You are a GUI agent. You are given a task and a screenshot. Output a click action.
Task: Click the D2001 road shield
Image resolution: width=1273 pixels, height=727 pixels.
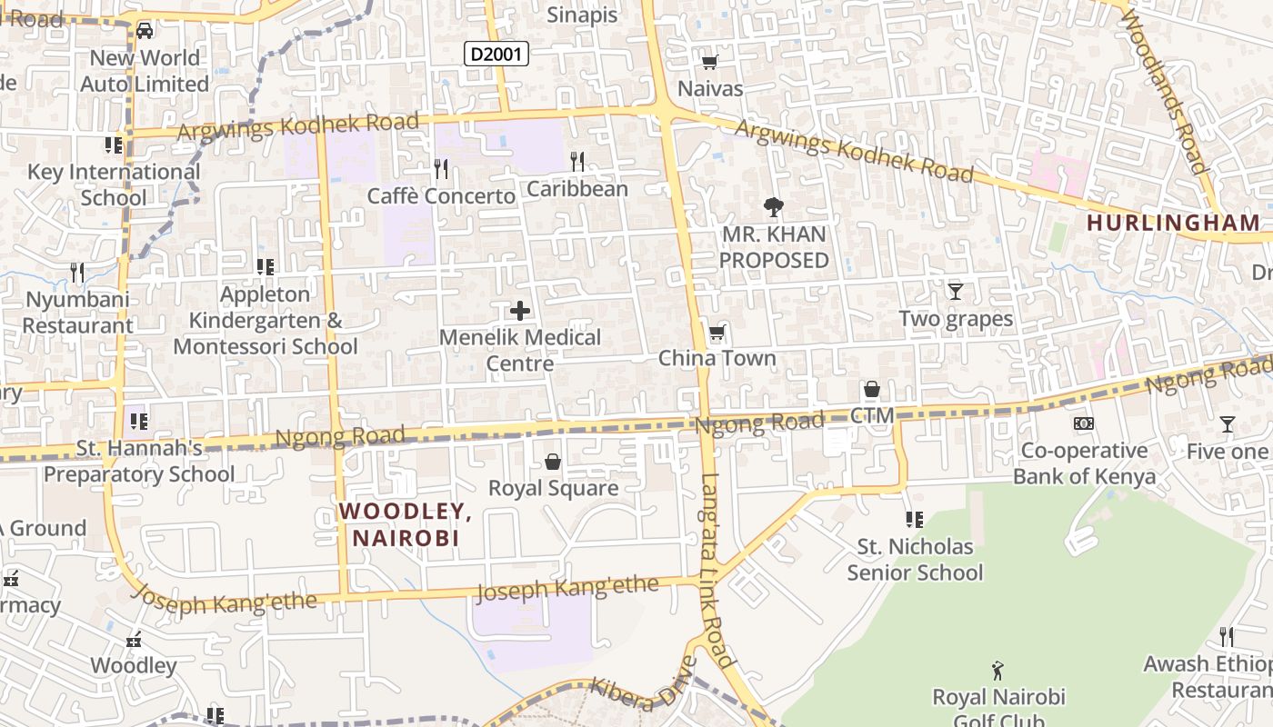(x=496, y=55)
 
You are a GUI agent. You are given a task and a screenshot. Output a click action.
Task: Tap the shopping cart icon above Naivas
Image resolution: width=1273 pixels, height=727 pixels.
(x=710, y=62)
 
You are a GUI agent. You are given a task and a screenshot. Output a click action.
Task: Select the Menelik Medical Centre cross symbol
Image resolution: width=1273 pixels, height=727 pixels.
(x=520, y=312)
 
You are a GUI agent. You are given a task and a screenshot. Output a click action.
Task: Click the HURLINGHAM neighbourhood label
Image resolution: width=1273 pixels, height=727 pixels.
(x=1174, y=223)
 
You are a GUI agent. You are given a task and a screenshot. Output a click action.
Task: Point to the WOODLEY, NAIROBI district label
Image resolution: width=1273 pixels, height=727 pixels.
(x=406, y=524)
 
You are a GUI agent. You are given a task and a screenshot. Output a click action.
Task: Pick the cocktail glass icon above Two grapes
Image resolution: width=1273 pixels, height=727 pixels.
(x=955, y=292)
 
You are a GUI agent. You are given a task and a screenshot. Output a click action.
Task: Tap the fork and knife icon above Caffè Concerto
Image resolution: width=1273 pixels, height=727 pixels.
(x=441, y=169)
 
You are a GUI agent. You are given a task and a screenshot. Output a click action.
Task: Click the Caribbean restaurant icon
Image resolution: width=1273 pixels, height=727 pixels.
(x=577, y=163)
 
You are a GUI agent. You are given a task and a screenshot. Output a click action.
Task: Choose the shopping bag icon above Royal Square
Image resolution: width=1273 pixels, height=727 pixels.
(x=553, y=462)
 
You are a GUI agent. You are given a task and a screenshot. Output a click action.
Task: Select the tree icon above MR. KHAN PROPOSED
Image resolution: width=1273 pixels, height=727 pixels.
(x=774, y=207)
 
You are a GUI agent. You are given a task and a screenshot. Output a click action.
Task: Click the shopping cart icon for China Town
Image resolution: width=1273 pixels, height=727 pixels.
(x=717, y=333)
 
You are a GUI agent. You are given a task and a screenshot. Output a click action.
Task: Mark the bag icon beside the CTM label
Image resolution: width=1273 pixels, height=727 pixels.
(x=872, y=390)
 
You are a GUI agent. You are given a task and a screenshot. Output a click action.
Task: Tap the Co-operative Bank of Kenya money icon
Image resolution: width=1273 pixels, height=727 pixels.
(x=1084, y=423)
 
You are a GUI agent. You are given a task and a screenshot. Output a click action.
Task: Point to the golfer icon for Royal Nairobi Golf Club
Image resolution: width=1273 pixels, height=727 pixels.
(x=998, y=671)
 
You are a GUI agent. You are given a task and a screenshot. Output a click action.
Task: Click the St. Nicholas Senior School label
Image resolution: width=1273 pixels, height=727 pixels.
(x=915, y=559)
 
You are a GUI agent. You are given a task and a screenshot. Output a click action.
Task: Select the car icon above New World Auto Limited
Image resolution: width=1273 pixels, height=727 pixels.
(x=145, y=31)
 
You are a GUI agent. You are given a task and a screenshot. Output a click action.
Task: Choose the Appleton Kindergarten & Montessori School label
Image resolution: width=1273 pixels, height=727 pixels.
(x=266, y=320)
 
